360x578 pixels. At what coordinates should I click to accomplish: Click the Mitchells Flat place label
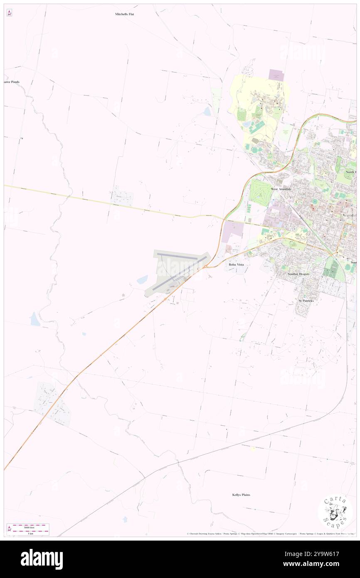click(x=125, y=14)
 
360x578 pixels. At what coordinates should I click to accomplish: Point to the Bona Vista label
click(x=237, y=264)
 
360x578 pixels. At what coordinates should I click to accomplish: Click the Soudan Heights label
click(x=298, y=274)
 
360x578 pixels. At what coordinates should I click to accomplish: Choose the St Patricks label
click(x=306, y=300)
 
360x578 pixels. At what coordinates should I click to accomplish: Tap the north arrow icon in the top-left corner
click(x=9, y=13)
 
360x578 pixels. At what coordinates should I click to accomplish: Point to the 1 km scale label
click(x=30, y=533)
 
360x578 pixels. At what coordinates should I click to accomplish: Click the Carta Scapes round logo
click(x=335, y=511)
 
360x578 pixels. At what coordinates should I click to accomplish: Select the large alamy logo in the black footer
click(x=42, y=559)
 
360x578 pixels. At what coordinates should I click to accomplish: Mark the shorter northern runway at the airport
click(x=177, y=257)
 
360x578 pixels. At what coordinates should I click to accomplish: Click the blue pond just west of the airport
click(x=142, y=279)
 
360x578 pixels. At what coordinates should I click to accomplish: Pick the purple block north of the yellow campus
click(x=276, y=75)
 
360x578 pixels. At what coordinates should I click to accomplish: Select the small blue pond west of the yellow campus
click(x=207, y=111)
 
